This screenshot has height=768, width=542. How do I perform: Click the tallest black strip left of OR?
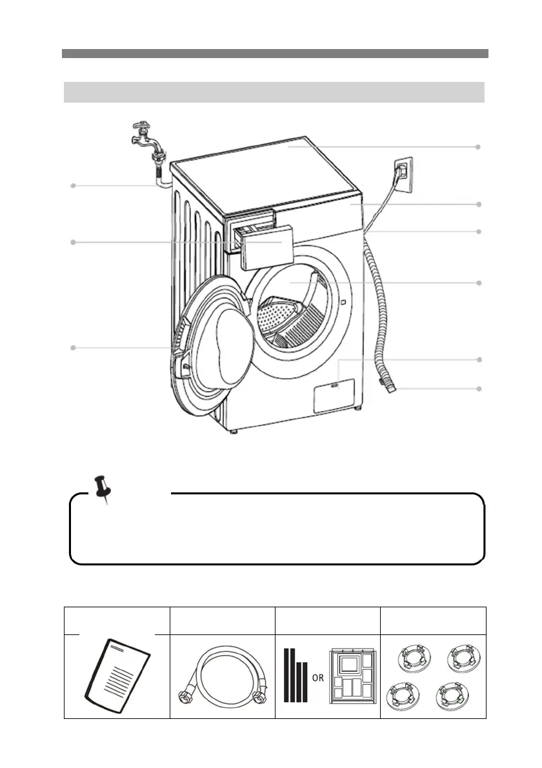tap(287, 674)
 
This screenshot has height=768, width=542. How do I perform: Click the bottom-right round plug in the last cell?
tap(452, 696)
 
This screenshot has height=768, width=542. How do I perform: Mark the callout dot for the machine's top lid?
tap(479, 147)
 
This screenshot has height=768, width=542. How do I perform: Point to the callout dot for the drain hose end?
tap(479, 389)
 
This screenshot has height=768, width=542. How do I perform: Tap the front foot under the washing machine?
tap(233, 430)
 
